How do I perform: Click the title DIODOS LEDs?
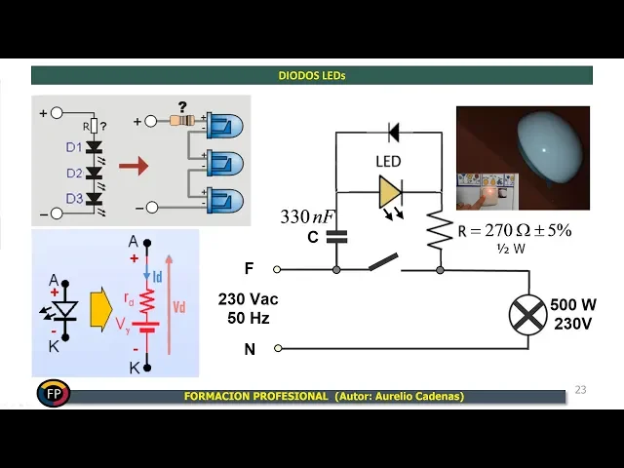(312, 75)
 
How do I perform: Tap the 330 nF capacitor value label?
(307, 216)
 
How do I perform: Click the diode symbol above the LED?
(393, 131)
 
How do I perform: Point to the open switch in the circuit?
(382, 263)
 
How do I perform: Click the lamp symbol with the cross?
(528, 314)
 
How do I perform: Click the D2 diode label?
(74, 174)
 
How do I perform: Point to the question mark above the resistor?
(181, 107)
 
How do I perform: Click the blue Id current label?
(158, 277)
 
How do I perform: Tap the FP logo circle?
(53, 394)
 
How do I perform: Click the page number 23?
(581, 390)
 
